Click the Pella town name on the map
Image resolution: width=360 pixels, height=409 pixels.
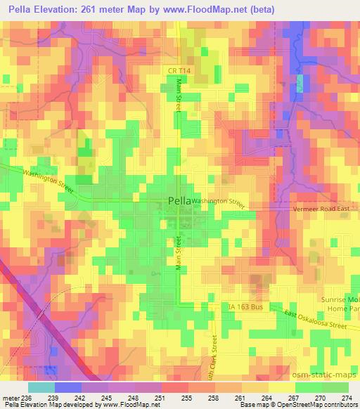coord(180,202)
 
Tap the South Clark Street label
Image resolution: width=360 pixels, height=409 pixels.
coord(215,358)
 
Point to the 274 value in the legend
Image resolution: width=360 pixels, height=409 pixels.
coord(346,397)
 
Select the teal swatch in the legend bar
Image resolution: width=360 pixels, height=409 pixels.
coord(41,387)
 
